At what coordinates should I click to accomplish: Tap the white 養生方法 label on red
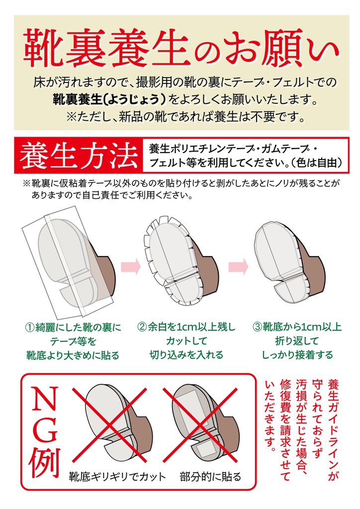78,156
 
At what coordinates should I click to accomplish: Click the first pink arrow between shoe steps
130,266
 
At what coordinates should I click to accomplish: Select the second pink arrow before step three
238,266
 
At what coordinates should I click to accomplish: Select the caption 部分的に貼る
211,477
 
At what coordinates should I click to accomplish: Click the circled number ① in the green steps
30,327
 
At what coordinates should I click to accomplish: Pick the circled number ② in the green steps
143,327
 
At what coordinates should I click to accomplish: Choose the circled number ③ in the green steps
258,327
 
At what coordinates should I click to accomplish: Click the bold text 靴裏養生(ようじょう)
110,100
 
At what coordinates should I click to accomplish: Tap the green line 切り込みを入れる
186,355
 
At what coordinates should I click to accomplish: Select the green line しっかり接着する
298,355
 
